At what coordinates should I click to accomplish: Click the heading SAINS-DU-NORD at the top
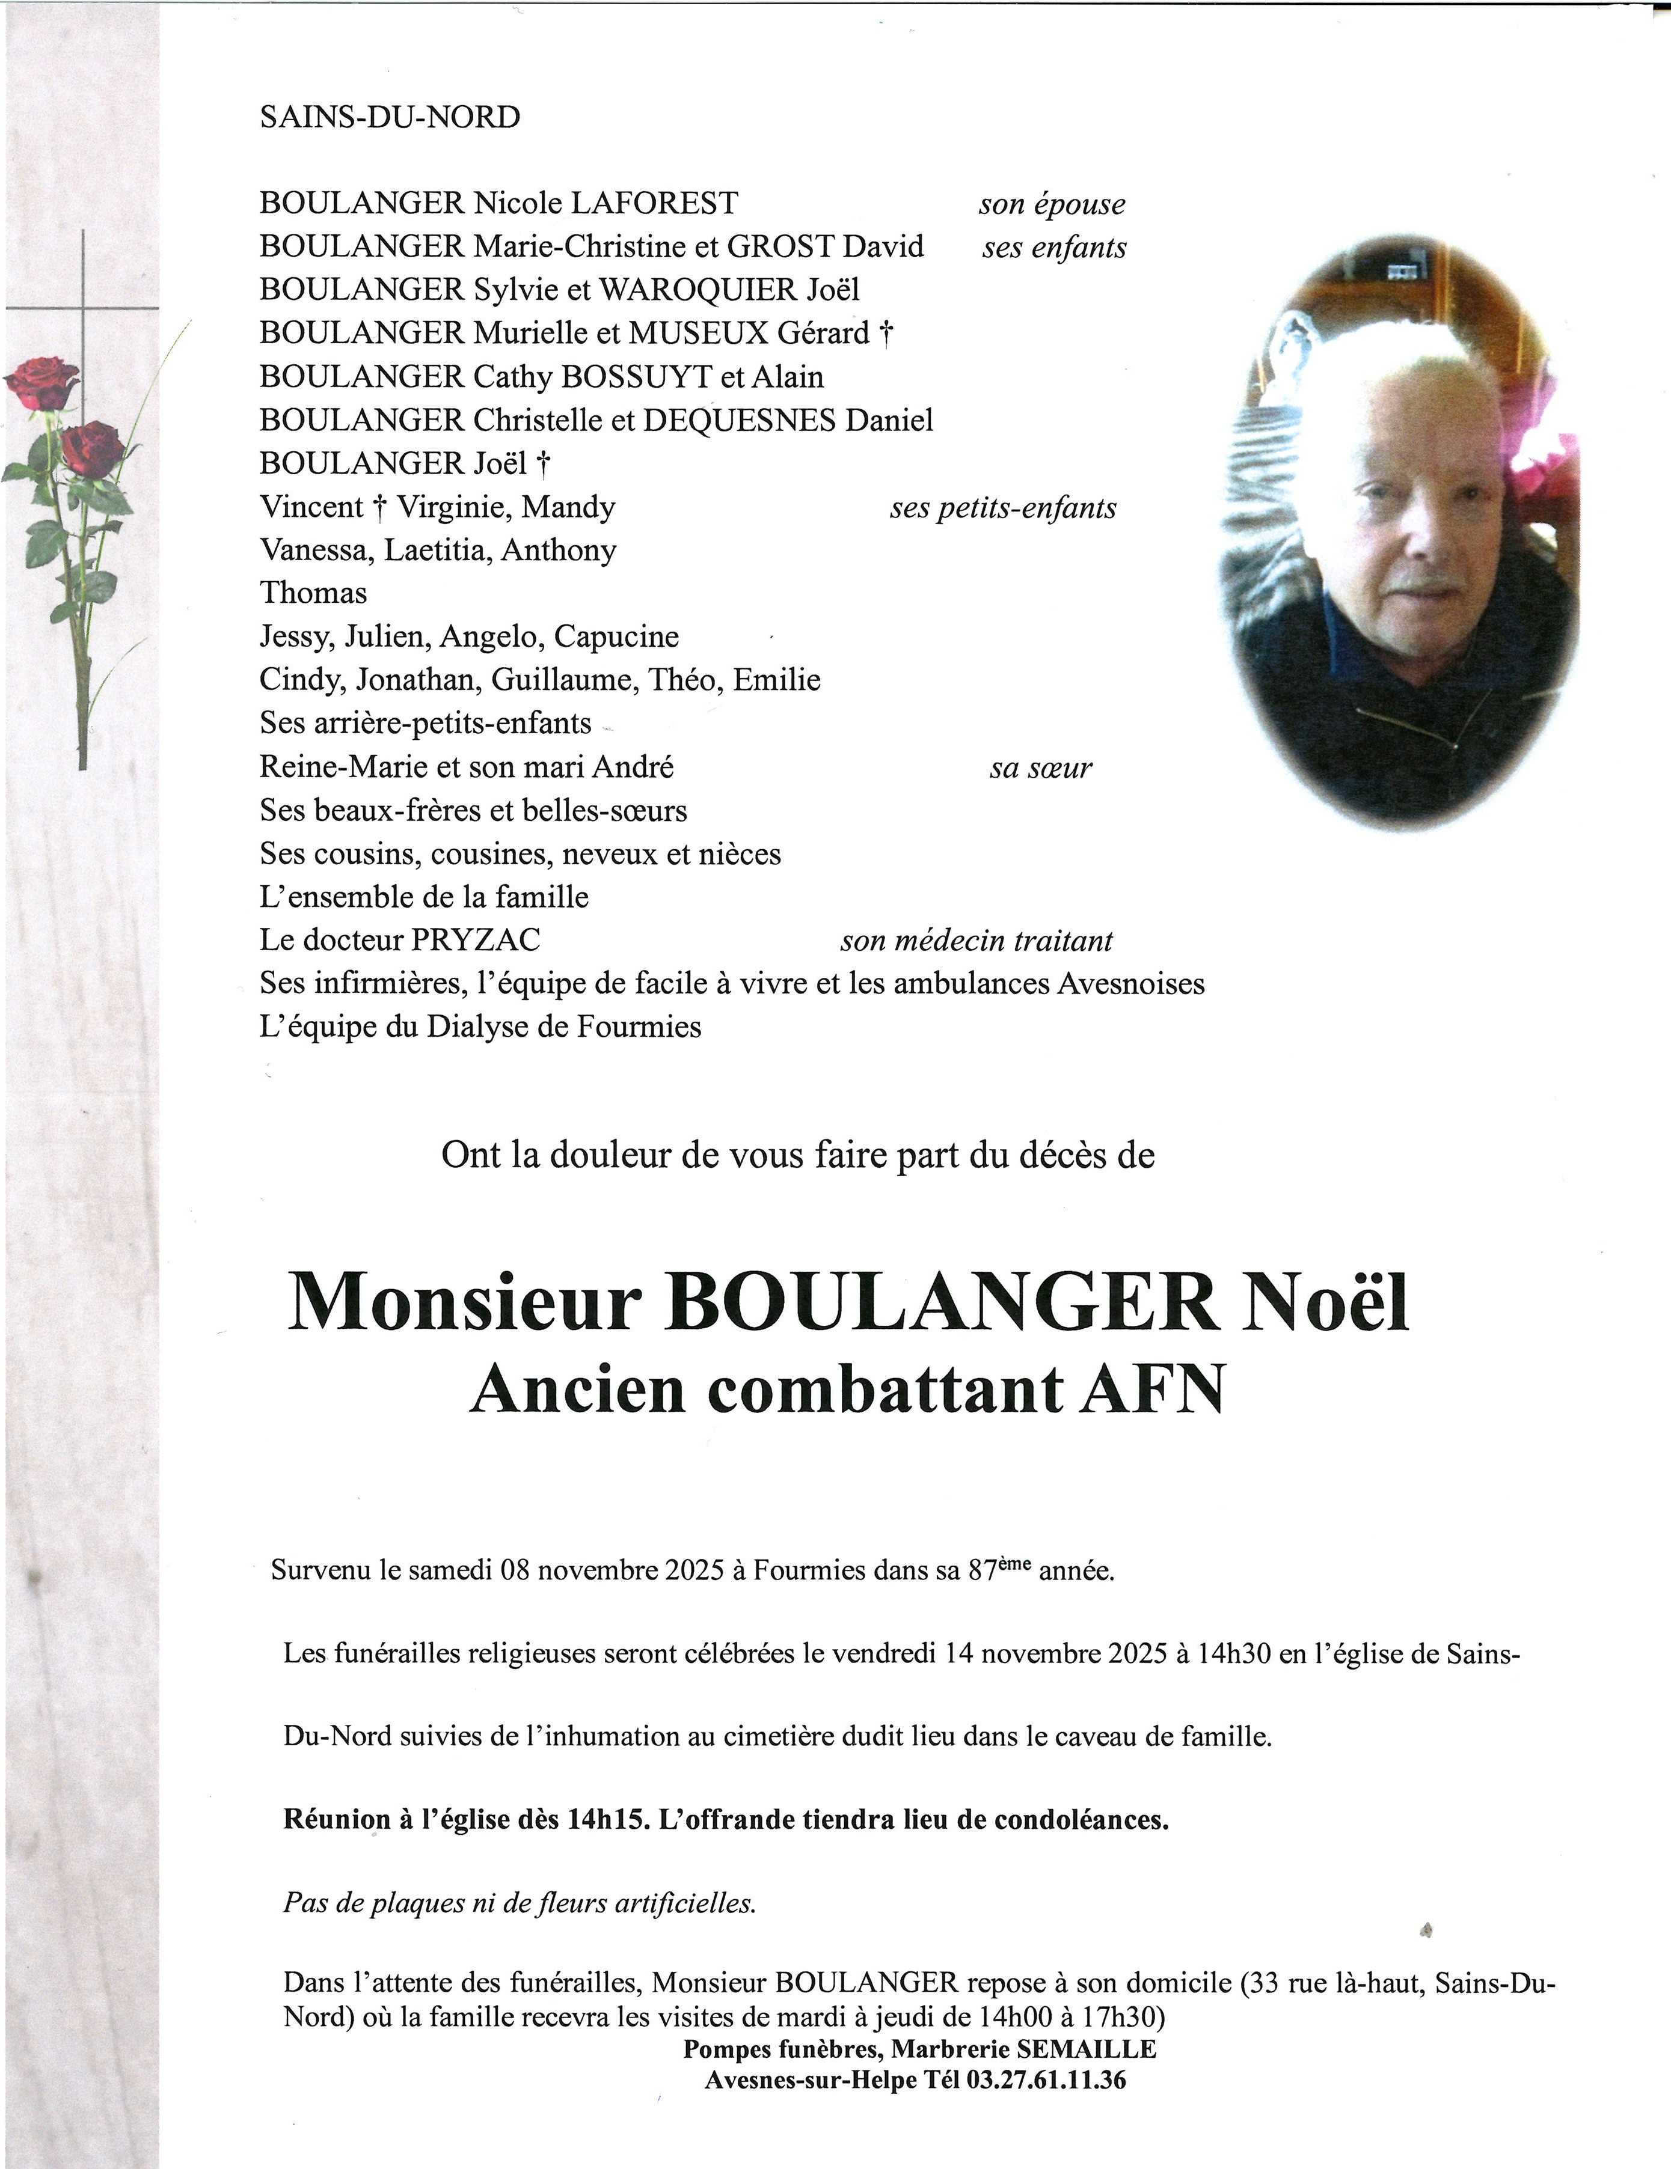[x=390, y=117]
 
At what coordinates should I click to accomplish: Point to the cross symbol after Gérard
[x=885, y=334]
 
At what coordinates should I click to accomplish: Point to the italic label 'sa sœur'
[x=1040, y=767]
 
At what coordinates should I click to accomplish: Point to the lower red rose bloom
[x=93, y=447]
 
